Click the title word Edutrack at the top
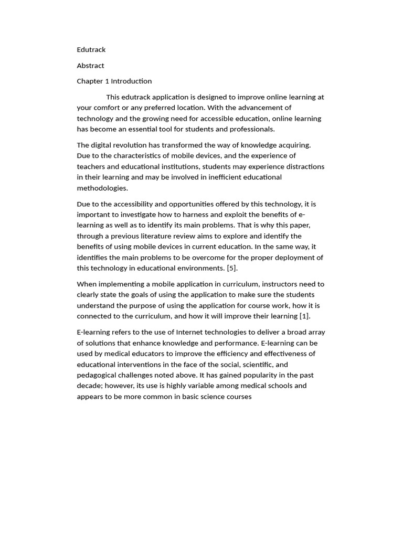(91, 50)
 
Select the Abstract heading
(90, 66)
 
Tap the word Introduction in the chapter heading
(131, 81)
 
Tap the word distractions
(303, 167)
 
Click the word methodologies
(102, 188)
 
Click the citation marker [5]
(232, 268)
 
